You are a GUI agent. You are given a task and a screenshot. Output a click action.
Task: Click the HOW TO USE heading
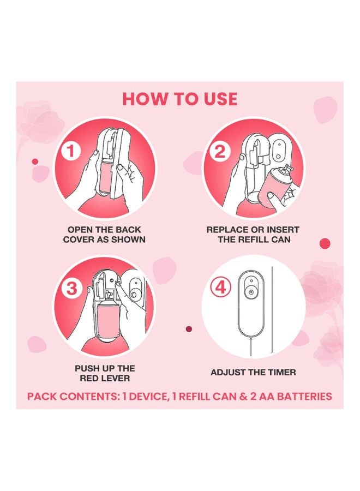(x=180, y=99)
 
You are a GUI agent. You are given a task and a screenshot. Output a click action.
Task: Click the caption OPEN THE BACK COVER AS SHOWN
(x=104, y=235)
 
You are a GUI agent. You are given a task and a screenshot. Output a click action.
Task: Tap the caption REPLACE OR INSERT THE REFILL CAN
(x=253, y=235)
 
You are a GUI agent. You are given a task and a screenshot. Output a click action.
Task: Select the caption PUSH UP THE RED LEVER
(x=104, y=373)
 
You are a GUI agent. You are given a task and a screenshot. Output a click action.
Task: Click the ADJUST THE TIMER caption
(x=253, y=372)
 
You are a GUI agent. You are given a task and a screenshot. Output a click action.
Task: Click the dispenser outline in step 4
(x=250, y=306)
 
